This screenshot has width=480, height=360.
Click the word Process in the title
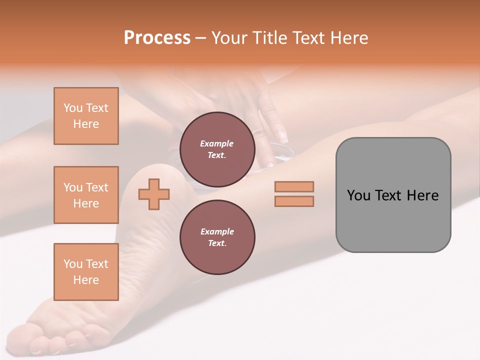point(157,38)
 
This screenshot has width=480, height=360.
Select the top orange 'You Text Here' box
point(86,116)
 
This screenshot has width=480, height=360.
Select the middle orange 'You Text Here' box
point(86,195)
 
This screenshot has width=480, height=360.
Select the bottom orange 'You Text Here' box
point(86,272)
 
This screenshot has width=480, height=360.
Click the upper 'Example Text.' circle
point(217,149)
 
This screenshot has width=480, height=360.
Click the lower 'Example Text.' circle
point(217,237)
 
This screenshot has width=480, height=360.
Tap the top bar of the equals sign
point(294,186)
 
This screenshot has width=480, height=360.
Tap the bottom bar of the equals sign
point(294,201)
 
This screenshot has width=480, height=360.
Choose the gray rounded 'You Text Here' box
point(393,195)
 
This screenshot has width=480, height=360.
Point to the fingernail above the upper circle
point(282,136)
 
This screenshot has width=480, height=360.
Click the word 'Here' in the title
point(348,38)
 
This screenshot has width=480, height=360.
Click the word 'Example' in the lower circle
point(217,231)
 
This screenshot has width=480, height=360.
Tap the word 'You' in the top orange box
point(73,108)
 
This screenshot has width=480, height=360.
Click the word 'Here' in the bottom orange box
point(86,280)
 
